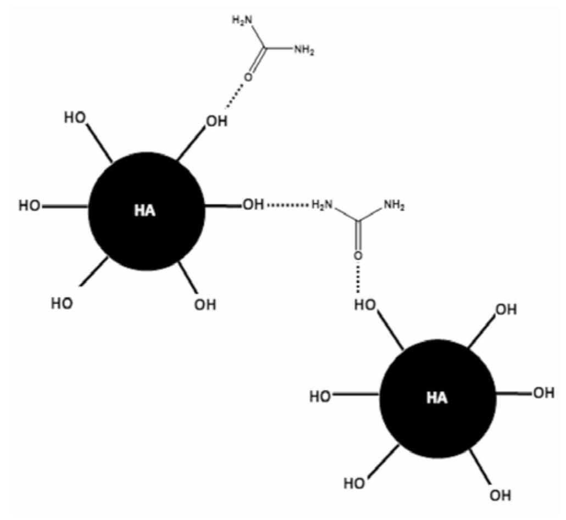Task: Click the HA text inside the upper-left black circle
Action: (145, 211)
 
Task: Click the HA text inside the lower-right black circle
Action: (437, 398)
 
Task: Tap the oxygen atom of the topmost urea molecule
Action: (248, 77)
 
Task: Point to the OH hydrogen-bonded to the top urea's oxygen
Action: (215, 121)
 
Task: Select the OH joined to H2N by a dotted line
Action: (253, 206)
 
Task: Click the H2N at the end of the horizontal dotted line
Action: (323, 206)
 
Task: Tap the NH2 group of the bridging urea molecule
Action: (393, 206)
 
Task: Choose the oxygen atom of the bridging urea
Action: (358, 256)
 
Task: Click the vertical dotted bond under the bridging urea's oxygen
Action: (358, 280)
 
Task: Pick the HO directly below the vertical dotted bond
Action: (365, 305)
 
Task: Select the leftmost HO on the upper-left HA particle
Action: (30, 206)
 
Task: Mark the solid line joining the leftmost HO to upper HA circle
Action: (65, 206)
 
